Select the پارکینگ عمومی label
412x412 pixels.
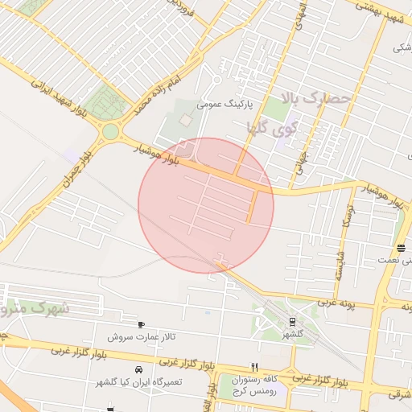point(226,105)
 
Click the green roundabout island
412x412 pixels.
point(110,131)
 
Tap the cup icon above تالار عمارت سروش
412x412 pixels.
point(142,324)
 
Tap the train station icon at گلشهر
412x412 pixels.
point(291,322)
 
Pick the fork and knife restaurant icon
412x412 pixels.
point(254,367)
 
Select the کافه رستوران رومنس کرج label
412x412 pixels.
point(254,384)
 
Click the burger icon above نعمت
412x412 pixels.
point(401,248)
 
